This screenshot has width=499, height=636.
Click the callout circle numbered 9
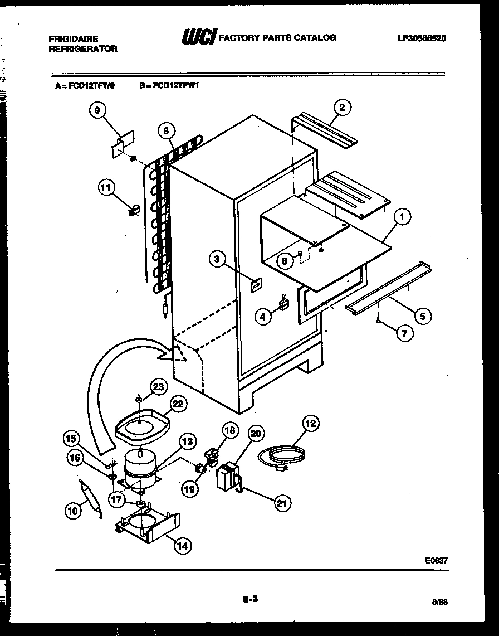click(x=97, y=110)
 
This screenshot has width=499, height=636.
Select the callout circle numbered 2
click(x=343, y=107)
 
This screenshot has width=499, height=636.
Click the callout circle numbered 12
click(x=310, y=424)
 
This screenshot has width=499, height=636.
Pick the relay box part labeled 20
click(x=228, y=477)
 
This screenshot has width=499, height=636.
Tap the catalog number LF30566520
click(x=422, y=38)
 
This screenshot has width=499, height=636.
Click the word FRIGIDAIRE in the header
click(x=74, y=38)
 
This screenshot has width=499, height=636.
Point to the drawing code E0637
click(x=436, y=561)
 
